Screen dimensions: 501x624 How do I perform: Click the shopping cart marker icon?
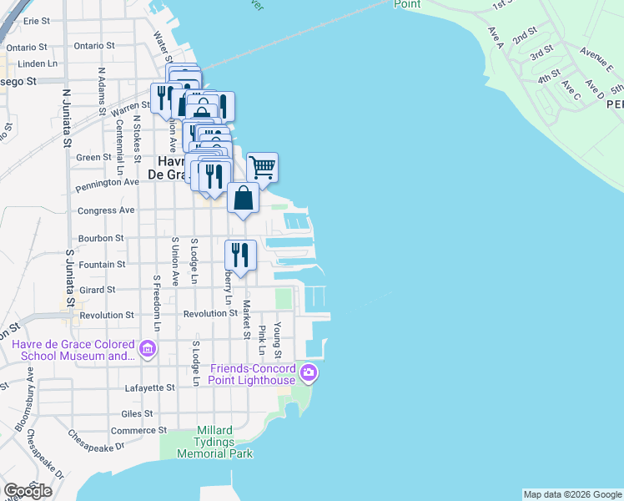click(x=262, y=168)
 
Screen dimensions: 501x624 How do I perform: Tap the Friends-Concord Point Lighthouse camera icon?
click(x=309, y=372)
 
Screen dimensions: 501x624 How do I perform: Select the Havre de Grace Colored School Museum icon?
click(x=148, y=348)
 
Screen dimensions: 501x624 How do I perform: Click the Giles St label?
click(x=137, y=413)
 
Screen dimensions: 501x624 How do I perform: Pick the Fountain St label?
click(x=102, y=265)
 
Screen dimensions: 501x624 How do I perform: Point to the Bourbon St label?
click(x=101, y=238)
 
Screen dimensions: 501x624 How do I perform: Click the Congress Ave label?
click(x=106, y=210)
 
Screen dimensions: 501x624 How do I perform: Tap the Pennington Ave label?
click(x=108, y=181)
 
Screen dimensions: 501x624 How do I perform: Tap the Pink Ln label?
click(x=262, y=337)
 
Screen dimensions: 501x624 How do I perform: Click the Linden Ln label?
click(x=37, y=63)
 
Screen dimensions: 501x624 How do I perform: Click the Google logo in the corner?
click(x=28, y=491)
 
